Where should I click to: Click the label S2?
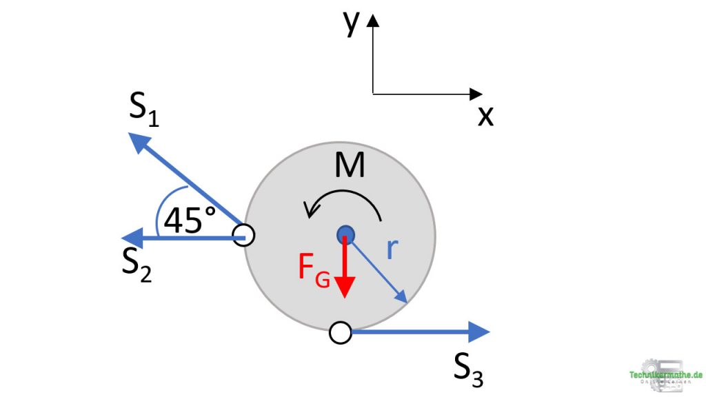pyautogui.click(x=137, y=263)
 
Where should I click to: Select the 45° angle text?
pyautogui.click(x=190, y=221)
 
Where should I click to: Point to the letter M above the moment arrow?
pyautogui.click(x=350, y=165)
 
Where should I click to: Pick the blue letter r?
pyautogui.click(x=392, y=250)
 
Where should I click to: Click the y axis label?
pyautogui.click(x=352, y=22)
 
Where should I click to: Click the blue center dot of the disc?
pyautogui.click(x=345, y=235)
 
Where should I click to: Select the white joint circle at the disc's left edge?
pyautogui.click(x=243, y=236)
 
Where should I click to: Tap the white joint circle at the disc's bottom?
pyautogui.click(x=340, y=333)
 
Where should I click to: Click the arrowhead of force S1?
pyautogui.click(x=140, y=141)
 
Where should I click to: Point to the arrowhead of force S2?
pyautogui.click(x=134, y=238)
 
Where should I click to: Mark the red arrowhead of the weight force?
pyautogui.click(x=345, y=287)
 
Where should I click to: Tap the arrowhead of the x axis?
pyautogui.click(x=476, y=94)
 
